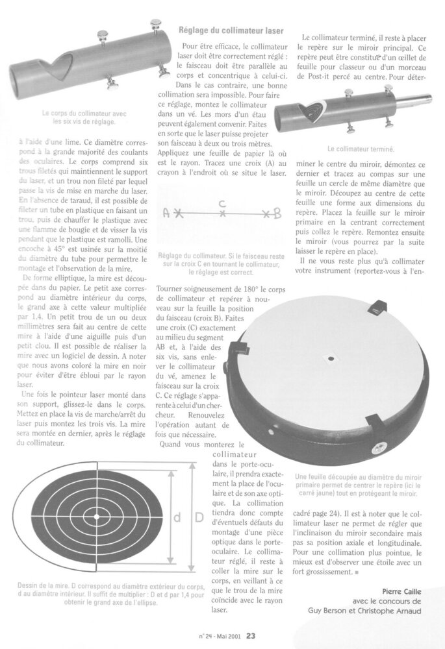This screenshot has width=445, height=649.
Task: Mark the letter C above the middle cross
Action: (x=222, y=202)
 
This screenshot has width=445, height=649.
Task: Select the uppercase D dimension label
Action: (x=199, y=518)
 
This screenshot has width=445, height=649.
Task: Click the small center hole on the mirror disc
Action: (x=330, y=357)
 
